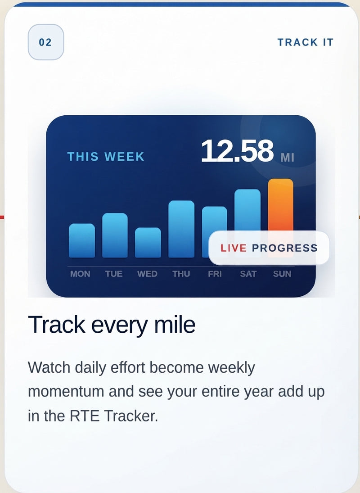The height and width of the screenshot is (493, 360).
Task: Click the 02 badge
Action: click(46, 42)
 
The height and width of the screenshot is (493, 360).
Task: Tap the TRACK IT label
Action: click(306, 42)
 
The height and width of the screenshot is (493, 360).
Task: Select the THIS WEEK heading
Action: click(106, 157)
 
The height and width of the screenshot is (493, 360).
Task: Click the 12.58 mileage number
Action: click(237, 151)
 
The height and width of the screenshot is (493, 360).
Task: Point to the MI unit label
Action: click(288, 157)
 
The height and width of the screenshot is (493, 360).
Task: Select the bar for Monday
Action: click(82, 240)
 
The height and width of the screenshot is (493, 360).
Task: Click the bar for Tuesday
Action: click(115, 235)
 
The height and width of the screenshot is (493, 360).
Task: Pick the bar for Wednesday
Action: click(148, 242)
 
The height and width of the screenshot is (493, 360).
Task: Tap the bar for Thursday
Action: click(181, 229)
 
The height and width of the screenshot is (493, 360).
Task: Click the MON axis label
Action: click(80, 274)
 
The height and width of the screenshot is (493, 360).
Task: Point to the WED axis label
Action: click(147, 274)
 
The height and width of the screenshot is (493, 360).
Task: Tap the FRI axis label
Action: click(215, 274)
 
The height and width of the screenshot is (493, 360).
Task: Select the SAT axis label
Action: click(248, 274)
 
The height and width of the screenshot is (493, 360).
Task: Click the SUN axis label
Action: click(282, 274)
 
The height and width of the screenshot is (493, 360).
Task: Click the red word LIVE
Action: click(234, 248)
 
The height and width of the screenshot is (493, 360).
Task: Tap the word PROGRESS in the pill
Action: click(284, 248)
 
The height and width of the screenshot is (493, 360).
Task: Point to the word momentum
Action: click(66, 392)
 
